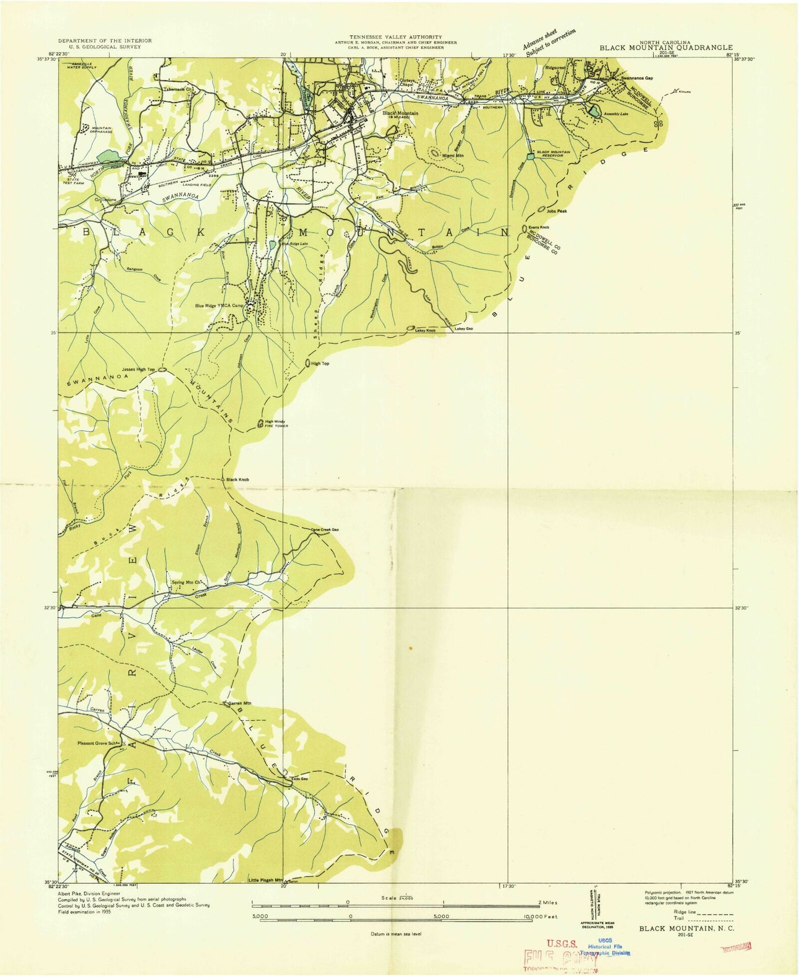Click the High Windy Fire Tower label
point(276,424)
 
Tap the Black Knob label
point(237,479)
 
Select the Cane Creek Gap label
point(325,530)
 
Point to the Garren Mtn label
point(240,704)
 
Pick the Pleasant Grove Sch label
point(96,743)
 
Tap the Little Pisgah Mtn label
point(265,880)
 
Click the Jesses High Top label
point(138,369)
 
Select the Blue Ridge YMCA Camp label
point(219,306)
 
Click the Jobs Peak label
point(558,211)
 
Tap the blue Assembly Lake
point(593,111)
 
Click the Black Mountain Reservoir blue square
point(529,156)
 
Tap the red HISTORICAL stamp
point(737,946)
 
